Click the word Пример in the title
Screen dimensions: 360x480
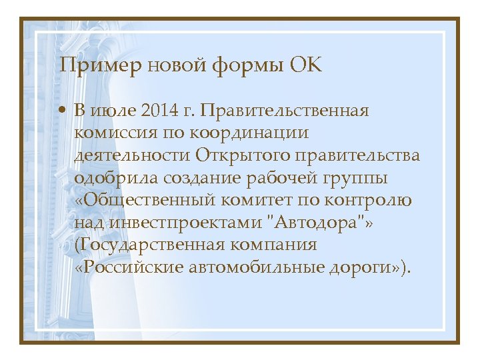coord(101,67)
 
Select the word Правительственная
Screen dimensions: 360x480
coord(293,110)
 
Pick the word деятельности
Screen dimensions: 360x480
coord(133,155)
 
